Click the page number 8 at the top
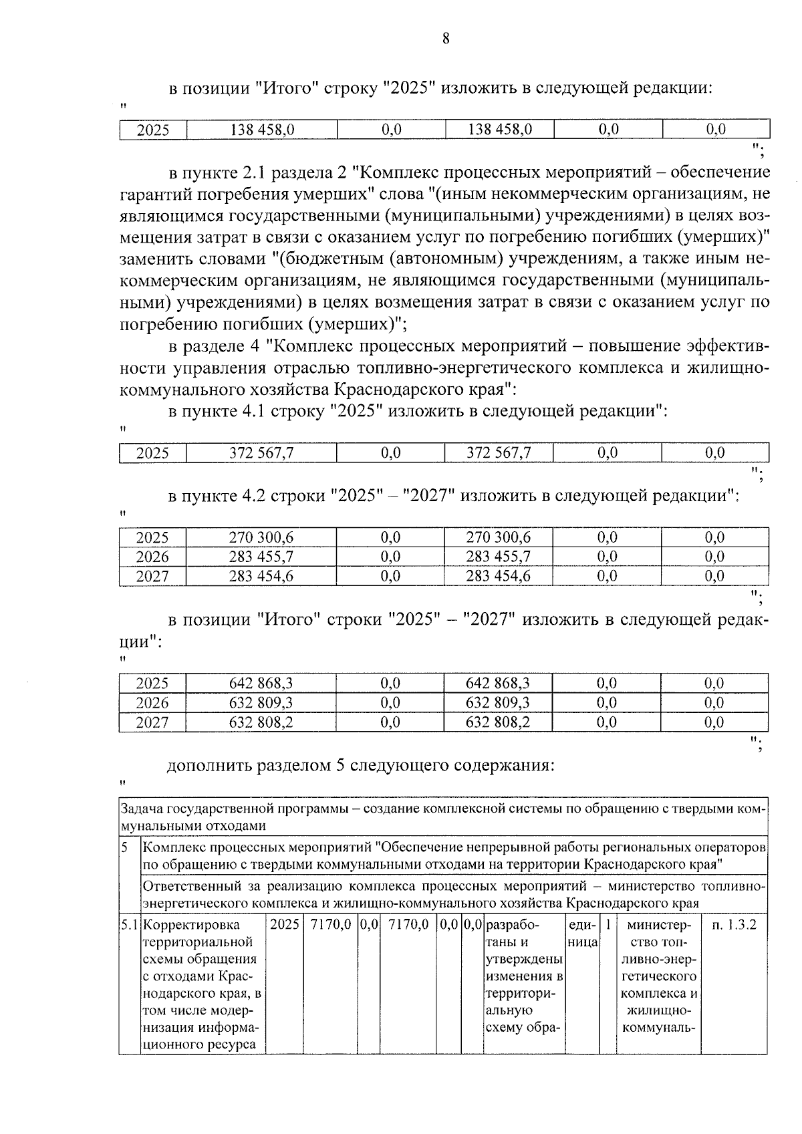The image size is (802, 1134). pyautogui.click(x=446, y=38)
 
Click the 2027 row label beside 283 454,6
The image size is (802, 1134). pyautogui.click(x=152, y=576)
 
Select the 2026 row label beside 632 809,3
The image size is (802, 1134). pyautogui.click(x=152, y=702)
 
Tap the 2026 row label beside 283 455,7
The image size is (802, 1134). pyautogui.click(x=152, y=557)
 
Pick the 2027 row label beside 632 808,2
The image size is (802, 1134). pyautogui.click(x=152, y=722)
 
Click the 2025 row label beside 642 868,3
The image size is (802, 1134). pyautogui.click(x=152, y=683)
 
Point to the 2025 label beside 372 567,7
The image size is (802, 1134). pyautogui.click(x=152, y=453)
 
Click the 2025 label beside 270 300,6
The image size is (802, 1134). pyautogui.click(x=152, y=537)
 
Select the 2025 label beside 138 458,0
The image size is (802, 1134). pyautogui.click(x=153, y=130)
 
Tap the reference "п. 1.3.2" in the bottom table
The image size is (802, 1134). pyautogui.click(x=734, y=926)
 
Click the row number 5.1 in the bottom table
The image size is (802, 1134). pyautogui.click(x=129, y=926)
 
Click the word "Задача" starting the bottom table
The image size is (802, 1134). pyautogui.click(x=141, y=809)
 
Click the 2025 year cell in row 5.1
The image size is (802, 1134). pyautogui.click(x=285, y=926)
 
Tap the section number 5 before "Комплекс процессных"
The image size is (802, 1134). pyautogui.click(x=125, y=848)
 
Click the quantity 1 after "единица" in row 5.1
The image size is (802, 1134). pyautogui.click(x=608, y=926)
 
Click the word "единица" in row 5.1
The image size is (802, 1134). pyautogui.click(x=581, y=934)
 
